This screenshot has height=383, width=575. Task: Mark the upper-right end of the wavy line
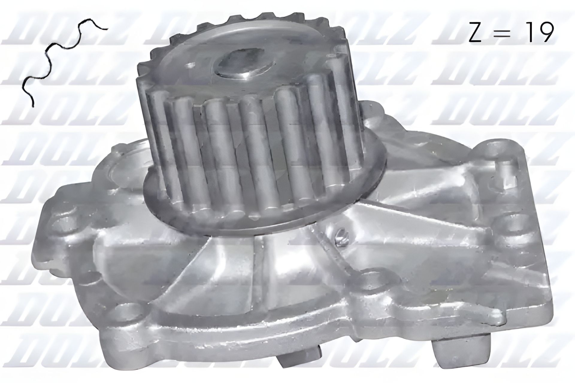coord(107,29)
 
